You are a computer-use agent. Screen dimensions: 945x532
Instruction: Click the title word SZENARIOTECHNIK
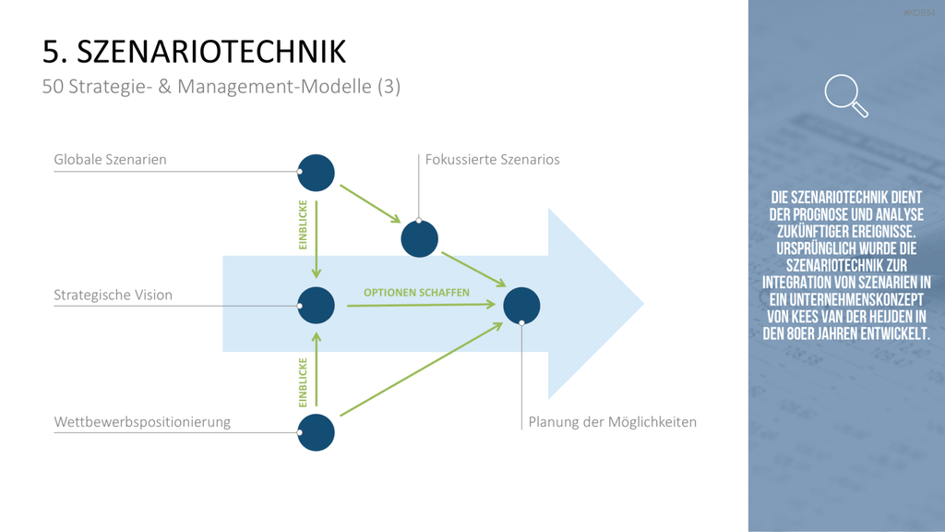[211, 52]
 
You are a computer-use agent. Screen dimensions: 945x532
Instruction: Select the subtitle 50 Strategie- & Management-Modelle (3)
[221, 87]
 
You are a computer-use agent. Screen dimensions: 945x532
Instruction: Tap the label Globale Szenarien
[111, 159]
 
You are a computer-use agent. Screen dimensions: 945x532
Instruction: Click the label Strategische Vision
[114, 295]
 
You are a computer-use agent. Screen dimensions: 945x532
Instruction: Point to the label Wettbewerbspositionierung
[142, 421]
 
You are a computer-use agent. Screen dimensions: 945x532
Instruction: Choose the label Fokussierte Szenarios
[493, 159]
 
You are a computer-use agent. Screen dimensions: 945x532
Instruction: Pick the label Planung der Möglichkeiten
[613, 421]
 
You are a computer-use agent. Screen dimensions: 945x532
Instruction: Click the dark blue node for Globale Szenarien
[316, 173]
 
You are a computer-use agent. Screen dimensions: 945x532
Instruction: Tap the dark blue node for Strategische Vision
[316, 305]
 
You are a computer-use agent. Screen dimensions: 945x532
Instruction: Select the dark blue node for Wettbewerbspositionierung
[316, 432]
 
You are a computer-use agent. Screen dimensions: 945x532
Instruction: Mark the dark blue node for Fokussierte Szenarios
[420, 239]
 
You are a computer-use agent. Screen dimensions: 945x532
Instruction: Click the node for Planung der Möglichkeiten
[522, 306]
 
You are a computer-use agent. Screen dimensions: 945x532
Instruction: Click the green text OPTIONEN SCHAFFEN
[416, 293]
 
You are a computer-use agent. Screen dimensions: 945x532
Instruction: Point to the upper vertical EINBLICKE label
[303, 225]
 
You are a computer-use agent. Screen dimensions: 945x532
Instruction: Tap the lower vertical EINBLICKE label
[303, 382]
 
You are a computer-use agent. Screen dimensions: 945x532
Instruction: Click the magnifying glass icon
[846, 95]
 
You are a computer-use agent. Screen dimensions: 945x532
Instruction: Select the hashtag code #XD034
[920, 13]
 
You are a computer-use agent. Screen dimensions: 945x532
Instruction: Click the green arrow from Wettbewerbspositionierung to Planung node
[421, 369]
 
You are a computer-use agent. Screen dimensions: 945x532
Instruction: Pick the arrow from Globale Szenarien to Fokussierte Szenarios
[371, 204]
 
